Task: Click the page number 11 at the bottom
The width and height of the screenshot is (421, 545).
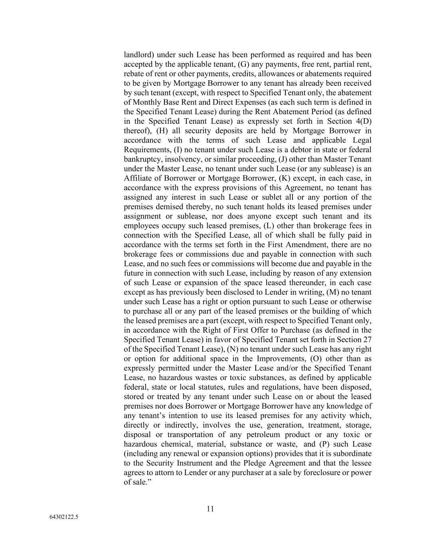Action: tap(210, 509)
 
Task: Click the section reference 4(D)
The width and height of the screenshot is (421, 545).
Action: tap(363, 121)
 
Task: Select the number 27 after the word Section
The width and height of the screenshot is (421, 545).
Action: tap(367, 339)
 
